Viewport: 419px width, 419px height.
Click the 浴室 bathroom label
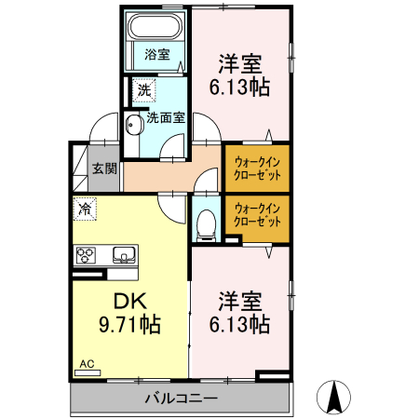click(x=156, y=54)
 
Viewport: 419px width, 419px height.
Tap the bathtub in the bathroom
click(x=156, y=26)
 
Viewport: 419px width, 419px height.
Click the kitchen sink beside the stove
click(x=123, y=253)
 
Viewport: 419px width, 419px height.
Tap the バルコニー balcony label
click(x=181, y=399)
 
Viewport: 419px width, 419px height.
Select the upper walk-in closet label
click(x=257, y=166)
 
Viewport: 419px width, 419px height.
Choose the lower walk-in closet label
click(x=257, y=215)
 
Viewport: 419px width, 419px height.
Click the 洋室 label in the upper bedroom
click(x=240, y=64)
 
